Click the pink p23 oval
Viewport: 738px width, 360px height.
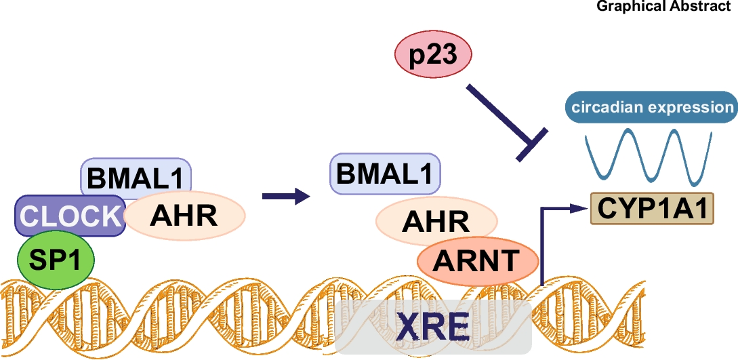click(x=432, y=55)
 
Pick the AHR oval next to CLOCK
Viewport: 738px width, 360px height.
click(x=185, y=216)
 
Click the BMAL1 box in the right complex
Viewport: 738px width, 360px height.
click(x=385, y=172)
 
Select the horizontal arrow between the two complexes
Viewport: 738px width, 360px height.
click(x=285, y=197)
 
